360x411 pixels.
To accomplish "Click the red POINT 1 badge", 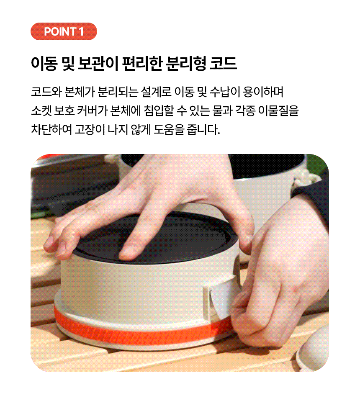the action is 64,31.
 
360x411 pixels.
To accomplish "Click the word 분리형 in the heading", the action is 186,64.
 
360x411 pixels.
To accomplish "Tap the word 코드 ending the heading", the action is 224,64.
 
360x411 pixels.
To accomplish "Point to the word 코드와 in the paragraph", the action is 46,92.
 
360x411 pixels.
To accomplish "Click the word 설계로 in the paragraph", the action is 156,92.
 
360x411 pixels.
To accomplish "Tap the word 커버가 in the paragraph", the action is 92,110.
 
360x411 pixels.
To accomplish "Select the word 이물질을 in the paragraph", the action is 278,110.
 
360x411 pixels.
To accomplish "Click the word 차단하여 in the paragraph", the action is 51,129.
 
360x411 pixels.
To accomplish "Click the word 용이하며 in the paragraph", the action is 263,92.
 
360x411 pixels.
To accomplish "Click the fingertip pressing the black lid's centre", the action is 128,251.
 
